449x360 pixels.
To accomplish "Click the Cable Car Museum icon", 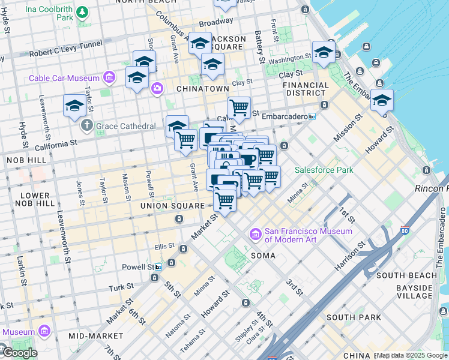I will pyautogui.click(x=109, y=78).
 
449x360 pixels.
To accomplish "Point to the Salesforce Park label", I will pyautogui.click(x=324, y=170).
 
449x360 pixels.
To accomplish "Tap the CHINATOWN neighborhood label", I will pyautogui.click(x=202, y=88).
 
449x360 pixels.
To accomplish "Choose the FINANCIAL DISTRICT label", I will pyautogui.click(x=306, y=89).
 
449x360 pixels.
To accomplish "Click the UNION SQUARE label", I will pyautogui.click(x=172, y=206).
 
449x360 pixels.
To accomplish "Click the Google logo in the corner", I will pyautogui.click(x=19, y=353).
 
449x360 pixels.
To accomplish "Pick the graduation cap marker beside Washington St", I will pyautogui.click(x=324, y=52).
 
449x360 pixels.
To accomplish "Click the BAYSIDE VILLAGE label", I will pyautogui.click(x=414, y=292).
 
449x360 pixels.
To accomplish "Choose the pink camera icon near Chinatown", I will pyautogui.click(x=157, y=89).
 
